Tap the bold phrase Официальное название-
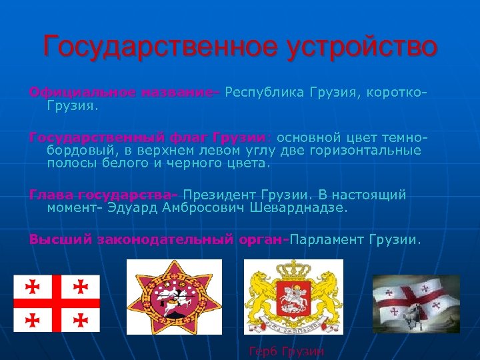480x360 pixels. [x=124, y=91]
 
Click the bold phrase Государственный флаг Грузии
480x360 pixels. [x=147, y=138]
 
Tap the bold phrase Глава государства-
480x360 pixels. [x=103, y=195]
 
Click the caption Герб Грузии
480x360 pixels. [x=286, y=351]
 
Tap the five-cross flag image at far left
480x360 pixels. [x=57, y=303]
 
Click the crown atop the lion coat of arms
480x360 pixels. [x=293, y=269]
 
